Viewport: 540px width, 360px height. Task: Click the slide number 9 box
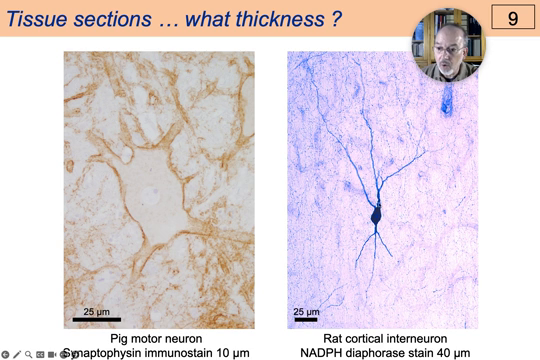tap(512, 17)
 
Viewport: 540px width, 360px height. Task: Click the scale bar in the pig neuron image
tap(96, 320)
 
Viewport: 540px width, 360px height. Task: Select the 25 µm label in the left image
tap(97, 309)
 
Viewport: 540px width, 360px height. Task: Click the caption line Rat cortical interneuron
tap(385, 339)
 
